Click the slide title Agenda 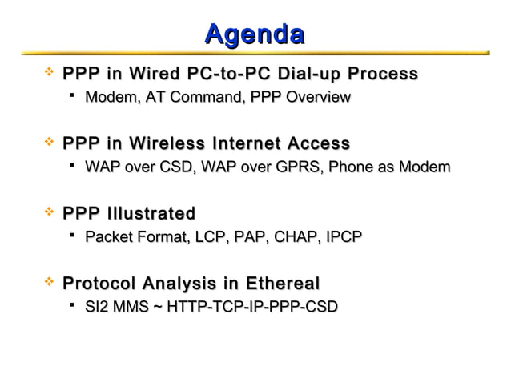tap(254, 34)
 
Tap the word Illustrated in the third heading tap(151, 214)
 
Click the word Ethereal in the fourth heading tap(275, 284)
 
